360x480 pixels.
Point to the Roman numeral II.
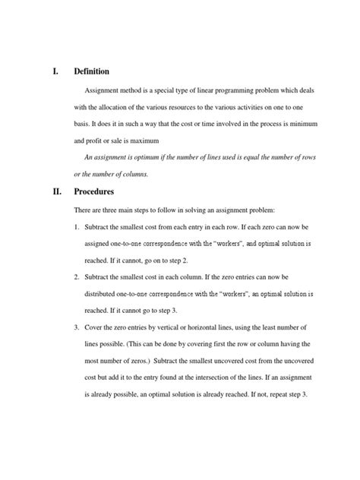coord(55,192)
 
